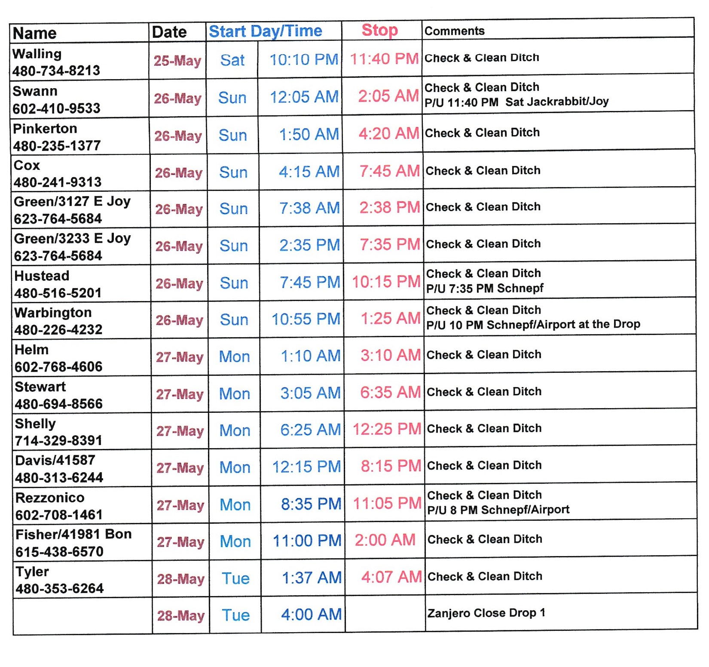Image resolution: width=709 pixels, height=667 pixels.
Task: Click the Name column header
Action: point(35,33)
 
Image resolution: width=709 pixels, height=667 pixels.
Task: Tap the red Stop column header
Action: point(379,31)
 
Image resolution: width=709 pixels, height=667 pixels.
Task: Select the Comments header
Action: point(454,31)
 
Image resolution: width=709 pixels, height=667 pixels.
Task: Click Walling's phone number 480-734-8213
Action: point(56,71)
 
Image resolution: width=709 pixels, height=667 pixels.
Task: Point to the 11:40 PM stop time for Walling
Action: point(384,59)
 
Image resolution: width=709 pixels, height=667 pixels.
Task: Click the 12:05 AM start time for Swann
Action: point(304,97)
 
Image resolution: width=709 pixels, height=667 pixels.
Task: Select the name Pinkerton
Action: point(45,129)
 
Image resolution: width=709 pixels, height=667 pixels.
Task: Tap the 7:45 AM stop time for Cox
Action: point(389,171)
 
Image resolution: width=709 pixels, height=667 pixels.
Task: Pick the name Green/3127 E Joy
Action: point(72,201)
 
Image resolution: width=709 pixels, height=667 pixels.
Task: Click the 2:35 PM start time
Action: point(309,245)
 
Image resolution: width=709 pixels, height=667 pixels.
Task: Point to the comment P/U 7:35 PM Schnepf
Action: point(485,288)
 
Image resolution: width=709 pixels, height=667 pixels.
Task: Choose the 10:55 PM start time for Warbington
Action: point(306,319)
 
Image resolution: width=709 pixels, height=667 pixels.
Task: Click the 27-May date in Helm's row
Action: point(180,357)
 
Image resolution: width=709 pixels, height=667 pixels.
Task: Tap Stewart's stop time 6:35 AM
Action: point(390,392)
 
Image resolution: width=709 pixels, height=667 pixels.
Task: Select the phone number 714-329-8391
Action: point(58,440)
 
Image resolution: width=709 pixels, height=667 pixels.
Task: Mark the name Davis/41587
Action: point(55,460)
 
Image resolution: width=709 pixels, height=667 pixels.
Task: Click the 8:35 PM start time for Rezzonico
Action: point(311,504)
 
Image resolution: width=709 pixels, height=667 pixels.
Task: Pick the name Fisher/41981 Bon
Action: point(73,534)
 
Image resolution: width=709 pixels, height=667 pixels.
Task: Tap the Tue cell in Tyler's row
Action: point(235,578)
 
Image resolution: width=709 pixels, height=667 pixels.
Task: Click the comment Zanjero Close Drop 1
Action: point(486,613)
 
